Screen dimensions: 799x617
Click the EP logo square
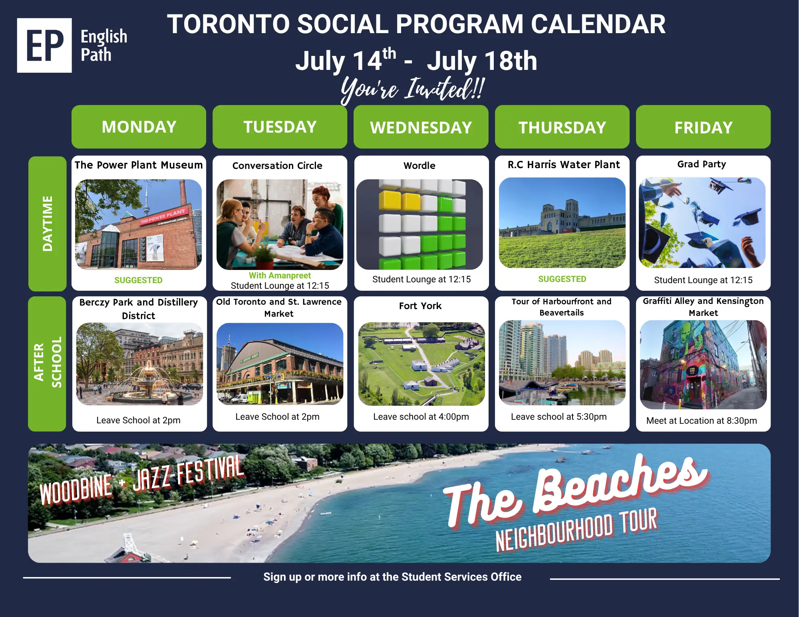[44, 45]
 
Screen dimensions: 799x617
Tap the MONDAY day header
[139, 127]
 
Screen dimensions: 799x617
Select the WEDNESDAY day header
[421, 127]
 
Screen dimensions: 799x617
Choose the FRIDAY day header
[703, 127]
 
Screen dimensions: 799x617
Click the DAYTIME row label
[47, 224]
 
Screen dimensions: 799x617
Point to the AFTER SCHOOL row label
[47, 363]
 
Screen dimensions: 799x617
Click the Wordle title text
[419, 165]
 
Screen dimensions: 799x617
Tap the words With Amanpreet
[280, 276]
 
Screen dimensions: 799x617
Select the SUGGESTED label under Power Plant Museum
[138, 280]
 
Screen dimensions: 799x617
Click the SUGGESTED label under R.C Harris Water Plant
[562, 279]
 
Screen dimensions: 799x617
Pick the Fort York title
[420, 306]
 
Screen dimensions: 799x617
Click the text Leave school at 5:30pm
[559, 417]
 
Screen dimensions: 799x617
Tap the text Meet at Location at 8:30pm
[702, 421]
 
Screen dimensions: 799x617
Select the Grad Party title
[702, 164]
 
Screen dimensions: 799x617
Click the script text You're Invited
[413, 89]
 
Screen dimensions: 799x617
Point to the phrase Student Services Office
[461, 577]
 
